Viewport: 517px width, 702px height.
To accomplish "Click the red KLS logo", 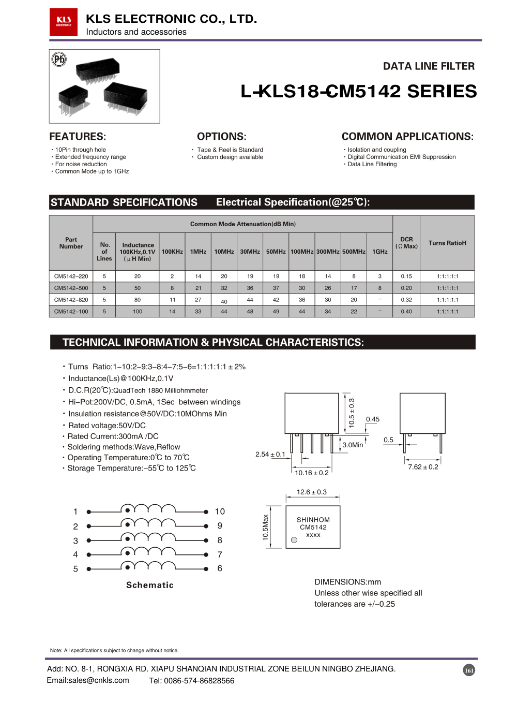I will click(x=64, y=22).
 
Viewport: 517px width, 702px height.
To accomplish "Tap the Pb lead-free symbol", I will click(x=59, y=60).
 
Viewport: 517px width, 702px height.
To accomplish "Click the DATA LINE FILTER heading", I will click(x=429, y=66).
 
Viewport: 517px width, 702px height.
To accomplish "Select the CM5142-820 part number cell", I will click(x=71, y=300).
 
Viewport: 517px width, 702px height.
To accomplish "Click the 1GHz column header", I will click(x=380, y=252).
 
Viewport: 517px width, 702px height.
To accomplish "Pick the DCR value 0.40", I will click(x=406, y=312).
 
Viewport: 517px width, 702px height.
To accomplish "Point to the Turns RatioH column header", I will click(x=447, y=243).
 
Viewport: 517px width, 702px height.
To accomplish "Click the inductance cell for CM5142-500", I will click(x=138, y=288).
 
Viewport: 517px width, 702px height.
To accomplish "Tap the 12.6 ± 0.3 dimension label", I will click(x=311, y=492).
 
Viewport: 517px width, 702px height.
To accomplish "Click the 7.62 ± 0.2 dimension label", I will click(x=423, y=467).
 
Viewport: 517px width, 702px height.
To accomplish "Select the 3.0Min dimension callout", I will click(x=353, y=445).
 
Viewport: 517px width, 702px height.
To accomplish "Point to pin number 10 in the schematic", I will click(x=220, y=511).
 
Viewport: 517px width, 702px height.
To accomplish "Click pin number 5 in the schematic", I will click(x=75, y=569).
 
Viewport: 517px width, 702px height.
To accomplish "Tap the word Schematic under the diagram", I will click(x=150, y=585).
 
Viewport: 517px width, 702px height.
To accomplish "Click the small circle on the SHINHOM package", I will click(x=294, y=540).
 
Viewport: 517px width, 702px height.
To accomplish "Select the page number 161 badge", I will click(x=469, y=670).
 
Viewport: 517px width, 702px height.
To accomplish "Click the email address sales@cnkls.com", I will click(x=88, y=680).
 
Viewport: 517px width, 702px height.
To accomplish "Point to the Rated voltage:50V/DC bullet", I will click(x=107, y=426).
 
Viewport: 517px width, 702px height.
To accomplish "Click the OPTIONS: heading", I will click(x=222, y=137).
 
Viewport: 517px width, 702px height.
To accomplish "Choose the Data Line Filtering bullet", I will click(x=372, y=164).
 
